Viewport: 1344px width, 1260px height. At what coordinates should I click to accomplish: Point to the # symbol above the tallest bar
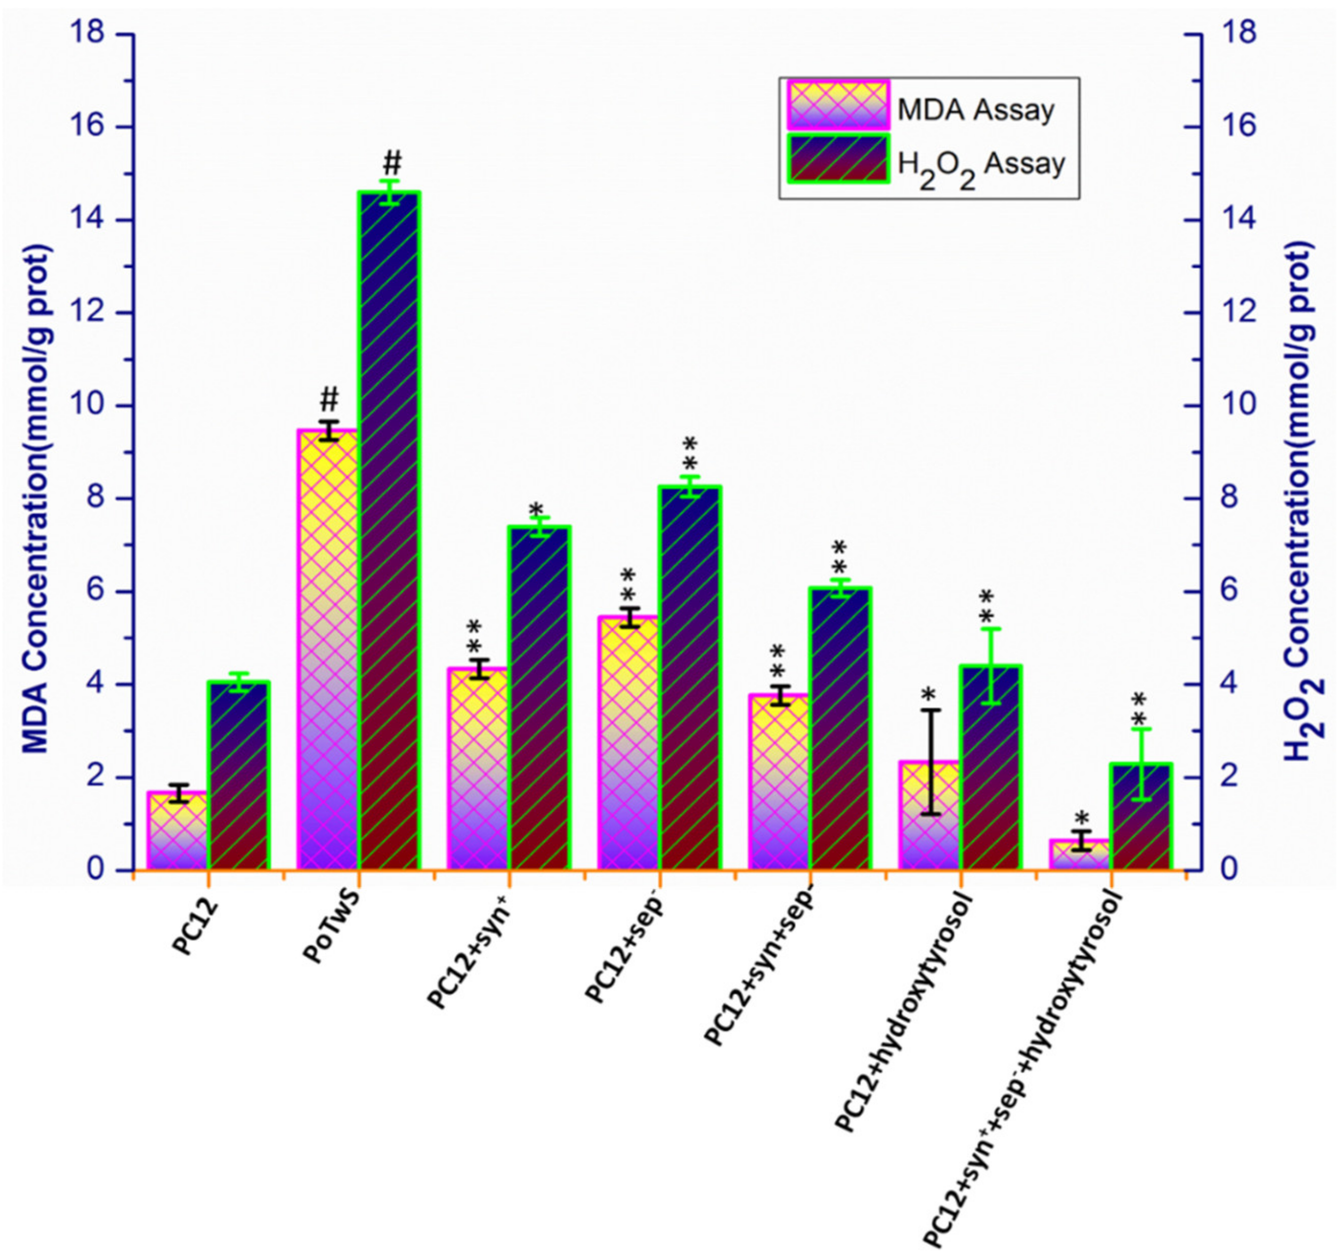tap(392, 163)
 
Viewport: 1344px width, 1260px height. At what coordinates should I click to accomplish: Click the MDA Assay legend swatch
tap(838, 105)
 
